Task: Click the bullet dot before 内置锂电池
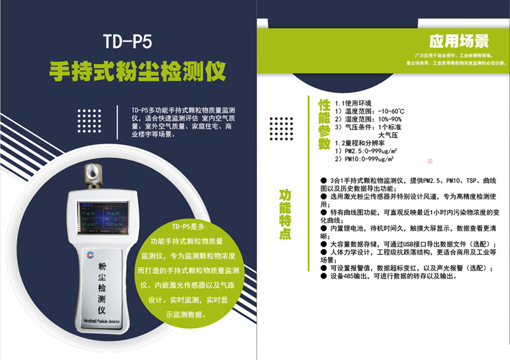pyautogui.click(x=323, y=227)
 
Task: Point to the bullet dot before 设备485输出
pyautogui.click(x=323, y=276)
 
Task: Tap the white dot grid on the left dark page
pyautogui.click(x=89, y=120)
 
